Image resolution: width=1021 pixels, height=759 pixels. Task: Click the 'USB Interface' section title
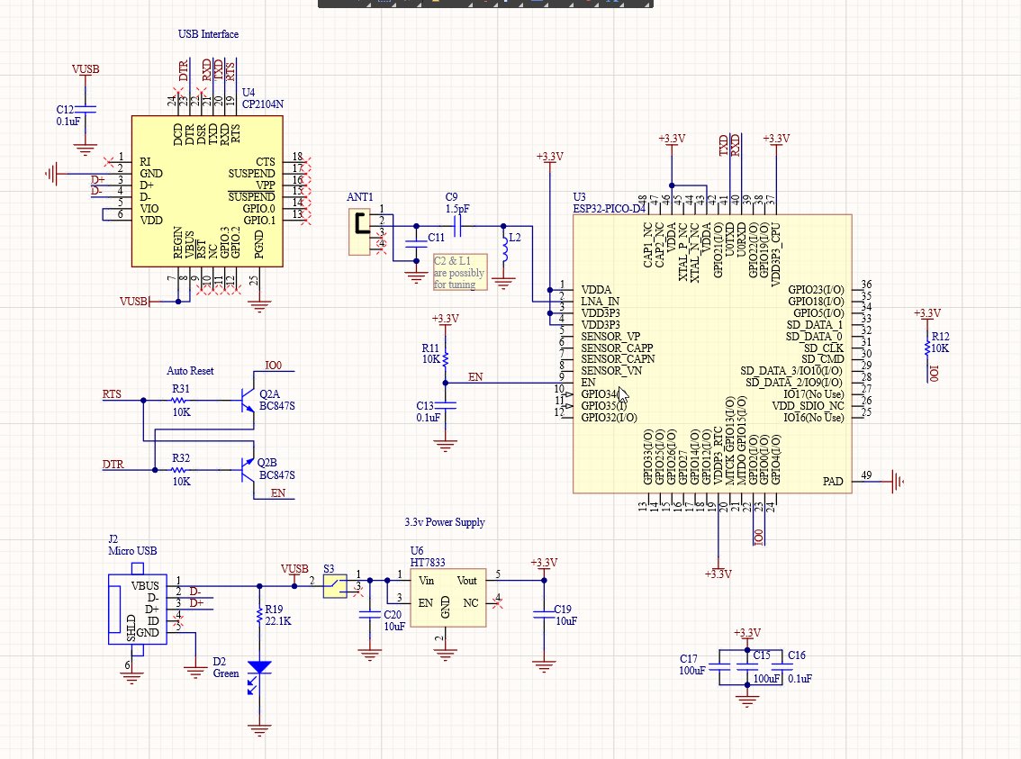pyautogui.click(x=208, y=34)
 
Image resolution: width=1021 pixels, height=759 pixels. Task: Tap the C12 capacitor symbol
pyautogui.click(x=86, y=110)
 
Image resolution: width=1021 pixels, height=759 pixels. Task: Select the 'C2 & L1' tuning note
pyautogui.click(x=459, y=272)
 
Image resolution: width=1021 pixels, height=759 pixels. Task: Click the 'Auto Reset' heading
pyautogui.click(x=190, y=370)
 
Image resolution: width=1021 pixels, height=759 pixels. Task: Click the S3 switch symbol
pyautogui.click(x=335, y=587)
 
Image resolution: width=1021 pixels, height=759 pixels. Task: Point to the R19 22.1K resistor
pyautogui.click(x=260, y=616)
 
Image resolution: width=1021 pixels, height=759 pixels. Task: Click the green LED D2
pyautogui.click(x=260, y=669)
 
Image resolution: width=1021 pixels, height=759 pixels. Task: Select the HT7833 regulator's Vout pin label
pyautogui.click(x=466, y=581)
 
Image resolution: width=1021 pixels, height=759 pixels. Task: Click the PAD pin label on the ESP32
pyautogui.click(x=833, y=482)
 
